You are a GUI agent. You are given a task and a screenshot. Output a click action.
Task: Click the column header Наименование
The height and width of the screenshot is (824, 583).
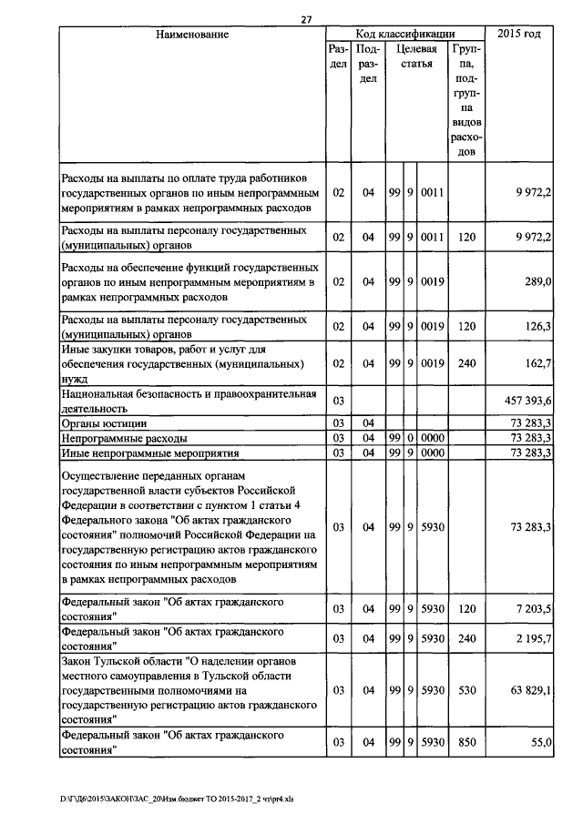(191, 35)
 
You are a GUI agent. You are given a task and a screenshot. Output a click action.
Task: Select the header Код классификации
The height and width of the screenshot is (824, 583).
(406, 35)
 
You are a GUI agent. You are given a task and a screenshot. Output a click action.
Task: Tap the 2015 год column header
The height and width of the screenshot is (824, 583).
(519, 35)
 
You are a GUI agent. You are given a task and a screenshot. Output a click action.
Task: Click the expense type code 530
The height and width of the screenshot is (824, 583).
(466, 691)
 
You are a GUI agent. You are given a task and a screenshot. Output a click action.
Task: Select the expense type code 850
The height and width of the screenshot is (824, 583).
(466, 744)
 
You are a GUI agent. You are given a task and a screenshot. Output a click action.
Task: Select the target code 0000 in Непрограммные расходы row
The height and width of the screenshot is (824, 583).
(432, 438)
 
